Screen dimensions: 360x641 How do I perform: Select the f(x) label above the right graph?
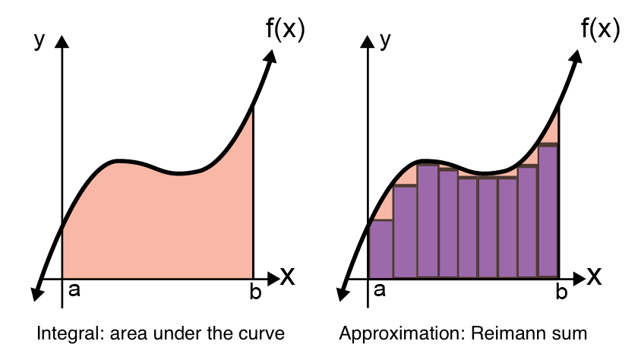600,28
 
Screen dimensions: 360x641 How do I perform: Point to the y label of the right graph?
385,41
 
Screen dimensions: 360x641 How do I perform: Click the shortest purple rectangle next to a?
380,249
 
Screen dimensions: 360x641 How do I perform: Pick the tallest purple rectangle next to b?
548,210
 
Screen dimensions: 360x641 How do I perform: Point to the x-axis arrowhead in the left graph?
273,278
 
